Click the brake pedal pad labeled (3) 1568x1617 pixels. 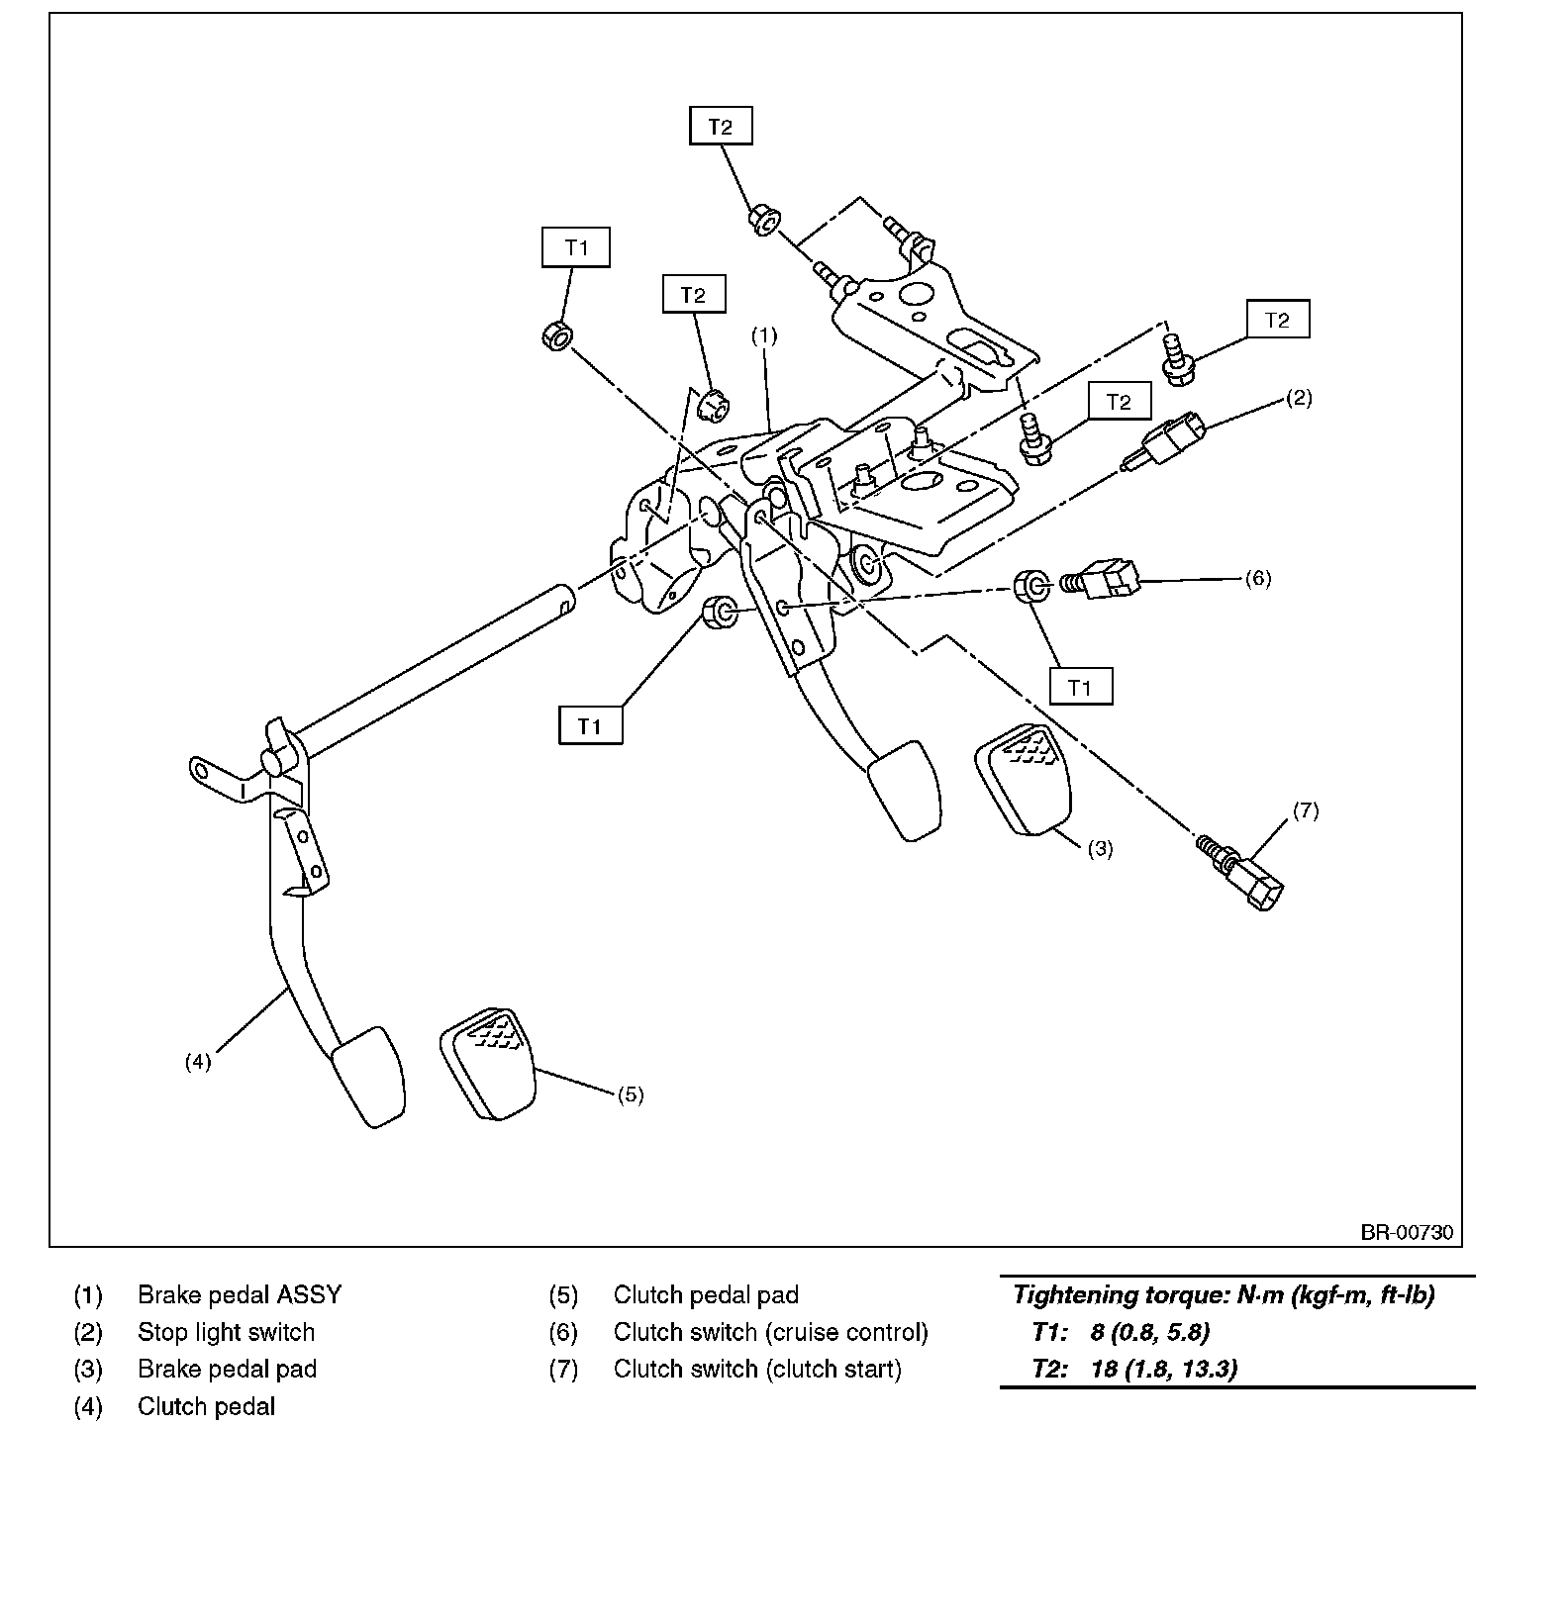1023,779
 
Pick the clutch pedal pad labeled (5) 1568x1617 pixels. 488,1063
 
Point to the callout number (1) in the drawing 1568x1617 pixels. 763,335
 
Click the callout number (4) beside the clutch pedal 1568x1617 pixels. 198,1062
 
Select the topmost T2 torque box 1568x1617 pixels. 720,127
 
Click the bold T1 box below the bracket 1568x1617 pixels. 590,726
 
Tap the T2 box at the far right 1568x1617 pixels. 1277,320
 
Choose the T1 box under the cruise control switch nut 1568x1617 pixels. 1079,687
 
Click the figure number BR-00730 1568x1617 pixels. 1406,1232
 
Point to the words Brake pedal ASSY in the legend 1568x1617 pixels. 239,1294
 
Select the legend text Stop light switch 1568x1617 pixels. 226,1332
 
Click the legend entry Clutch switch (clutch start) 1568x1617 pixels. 756,1369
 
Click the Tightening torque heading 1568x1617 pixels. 1224,1294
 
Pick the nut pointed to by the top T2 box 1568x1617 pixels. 762,219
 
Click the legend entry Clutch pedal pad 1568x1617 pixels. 705,1294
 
